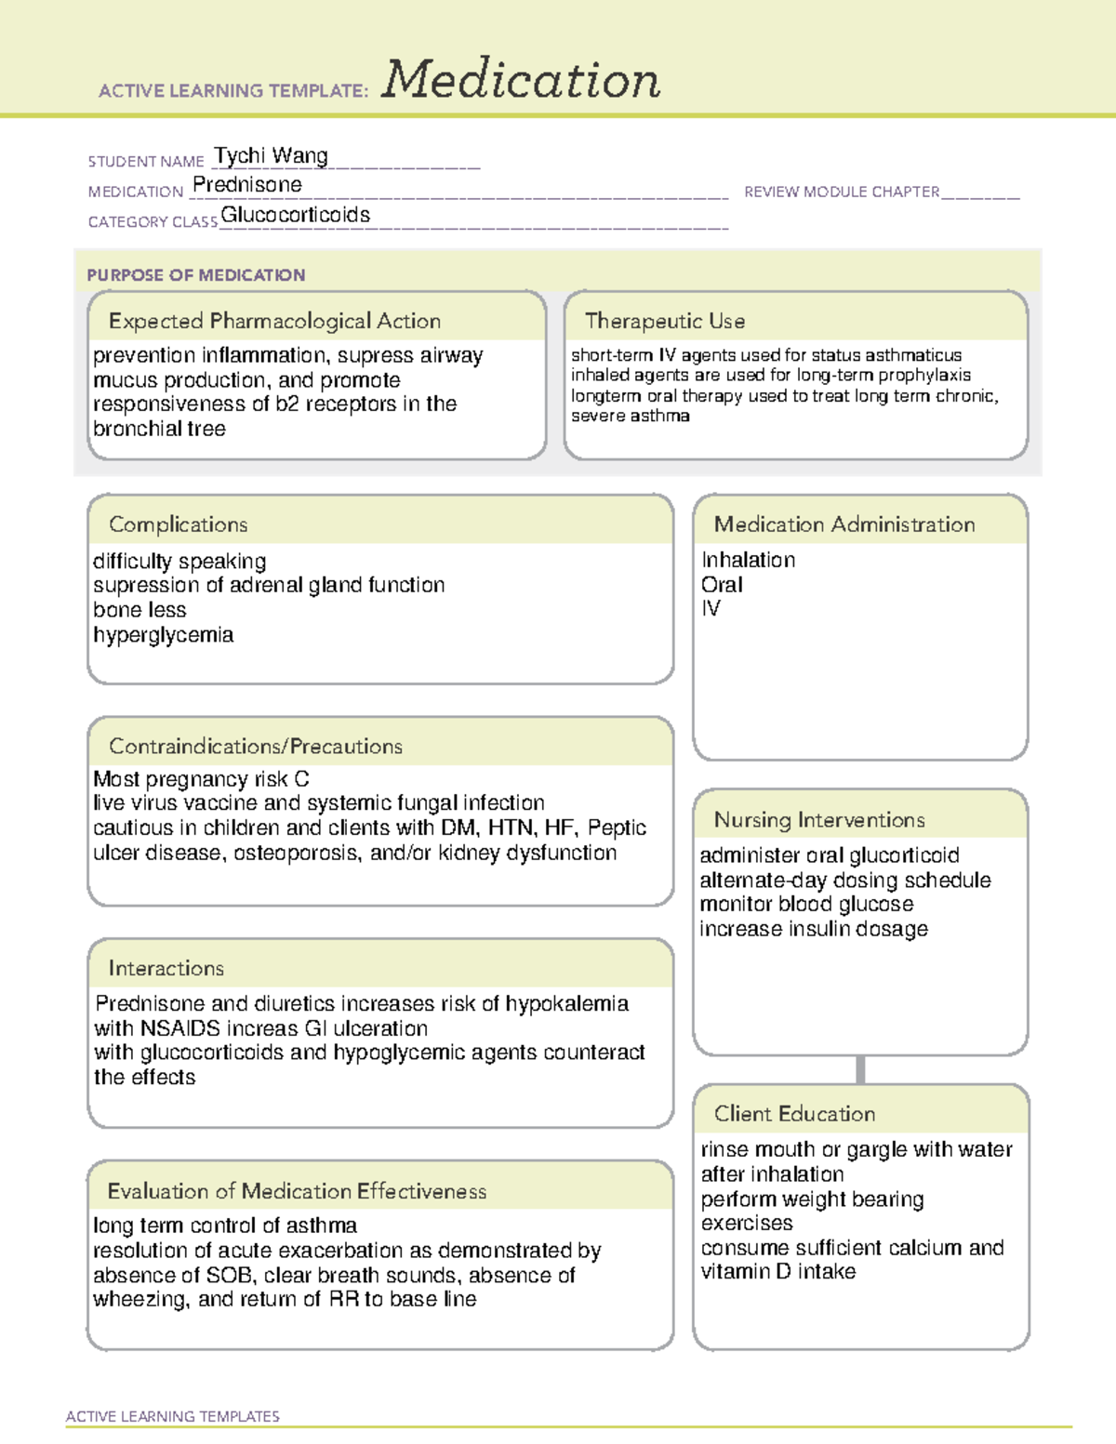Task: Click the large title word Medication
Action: [x=521, y=80]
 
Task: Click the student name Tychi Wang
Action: [x=271, y=156]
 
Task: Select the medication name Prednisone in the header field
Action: [x=246, y=185]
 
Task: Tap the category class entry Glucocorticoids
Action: [x=296, y=216]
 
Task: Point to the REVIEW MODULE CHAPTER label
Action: [x=841, y=192]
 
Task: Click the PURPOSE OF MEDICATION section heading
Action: [x=195, y=275]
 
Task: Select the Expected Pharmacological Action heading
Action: [x=274, y=321]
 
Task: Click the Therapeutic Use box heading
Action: [x=664, y=321]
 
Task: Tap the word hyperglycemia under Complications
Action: [x=163, y=635]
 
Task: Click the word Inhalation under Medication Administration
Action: [x=748, y=560]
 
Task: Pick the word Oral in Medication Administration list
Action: [x=722, y=585]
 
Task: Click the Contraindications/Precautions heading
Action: [x=255, y=747]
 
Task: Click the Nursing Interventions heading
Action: [x=818, y=820]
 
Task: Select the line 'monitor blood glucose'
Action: [x=805, y=904]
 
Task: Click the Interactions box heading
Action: [x=166, y=969]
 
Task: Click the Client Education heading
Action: [x=794, y=1114]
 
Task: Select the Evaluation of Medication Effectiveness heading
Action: [x=297, y=1191]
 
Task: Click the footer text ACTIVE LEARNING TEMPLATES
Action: [x=172, y=1416]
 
